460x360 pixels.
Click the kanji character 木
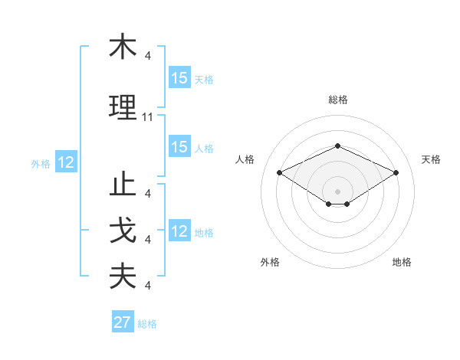(123, 47)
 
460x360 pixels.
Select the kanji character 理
(123, 108)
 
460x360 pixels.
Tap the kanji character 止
(123, 185)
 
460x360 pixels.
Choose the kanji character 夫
(123, 277)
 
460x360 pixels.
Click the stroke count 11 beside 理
(148, 117)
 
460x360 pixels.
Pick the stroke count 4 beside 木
(147, 56)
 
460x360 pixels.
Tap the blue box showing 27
(123, 322)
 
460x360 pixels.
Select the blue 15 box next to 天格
(179, 78)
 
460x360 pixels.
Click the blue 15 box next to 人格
(179, 147)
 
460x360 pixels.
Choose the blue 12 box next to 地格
(179, 231)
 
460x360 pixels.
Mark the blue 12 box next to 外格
(66, 162)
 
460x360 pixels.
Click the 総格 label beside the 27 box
(148, 324)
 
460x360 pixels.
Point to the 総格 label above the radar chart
(337, 100)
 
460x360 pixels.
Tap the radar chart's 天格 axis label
(431, 159)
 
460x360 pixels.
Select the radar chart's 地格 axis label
(402, 263)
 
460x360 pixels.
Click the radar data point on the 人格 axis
(279, 172)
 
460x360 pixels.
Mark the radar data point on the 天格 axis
(396, 172)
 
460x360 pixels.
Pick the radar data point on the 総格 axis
(337, 146)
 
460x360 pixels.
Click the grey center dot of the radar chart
(337, 191)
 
